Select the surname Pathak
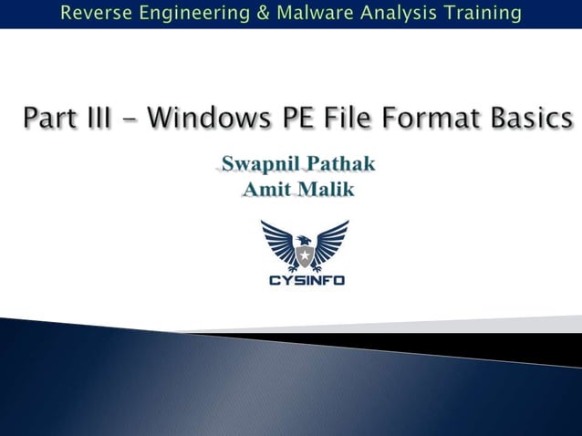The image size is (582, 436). coord(341,165)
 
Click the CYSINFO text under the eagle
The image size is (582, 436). coord(306,281)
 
